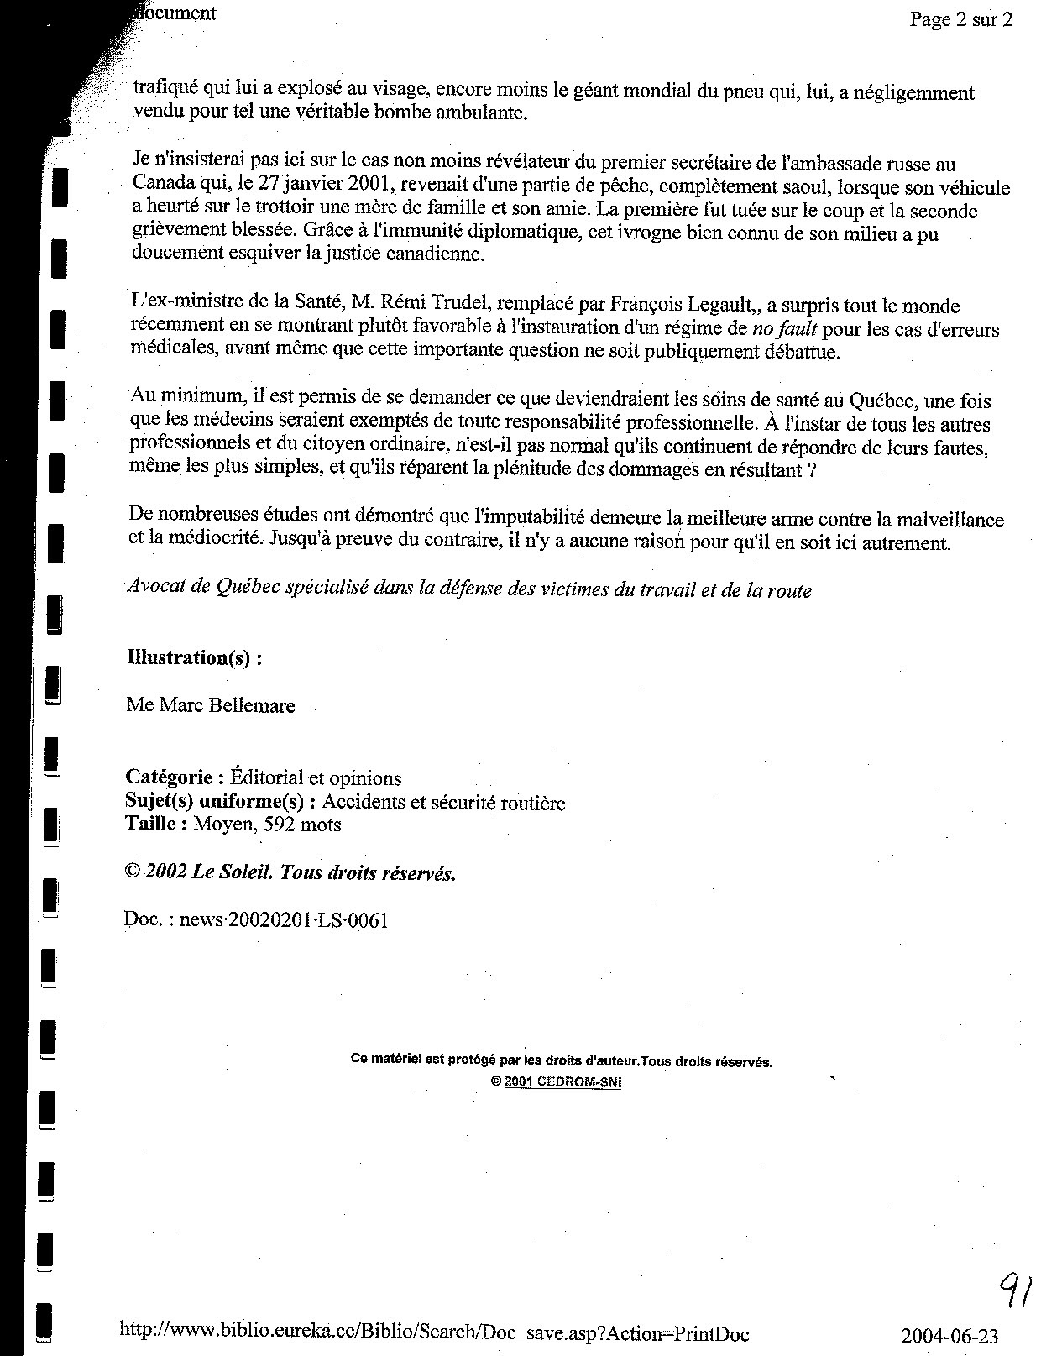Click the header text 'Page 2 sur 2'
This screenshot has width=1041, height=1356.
coord(960,20)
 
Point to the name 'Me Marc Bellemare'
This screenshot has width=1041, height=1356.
coord(211,705)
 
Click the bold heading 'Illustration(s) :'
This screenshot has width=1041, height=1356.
coord(194,657)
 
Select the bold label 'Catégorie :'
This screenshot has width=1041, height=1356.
coord(175,778)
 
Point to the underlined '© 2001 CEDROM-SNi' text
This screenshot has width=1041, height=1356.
coord(556,1082)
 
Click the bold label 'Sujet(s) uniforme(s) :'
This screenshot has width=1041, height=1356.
coord(221,802)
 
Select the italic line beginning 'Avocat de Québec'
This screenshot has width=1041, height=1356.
coord(469,589)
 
